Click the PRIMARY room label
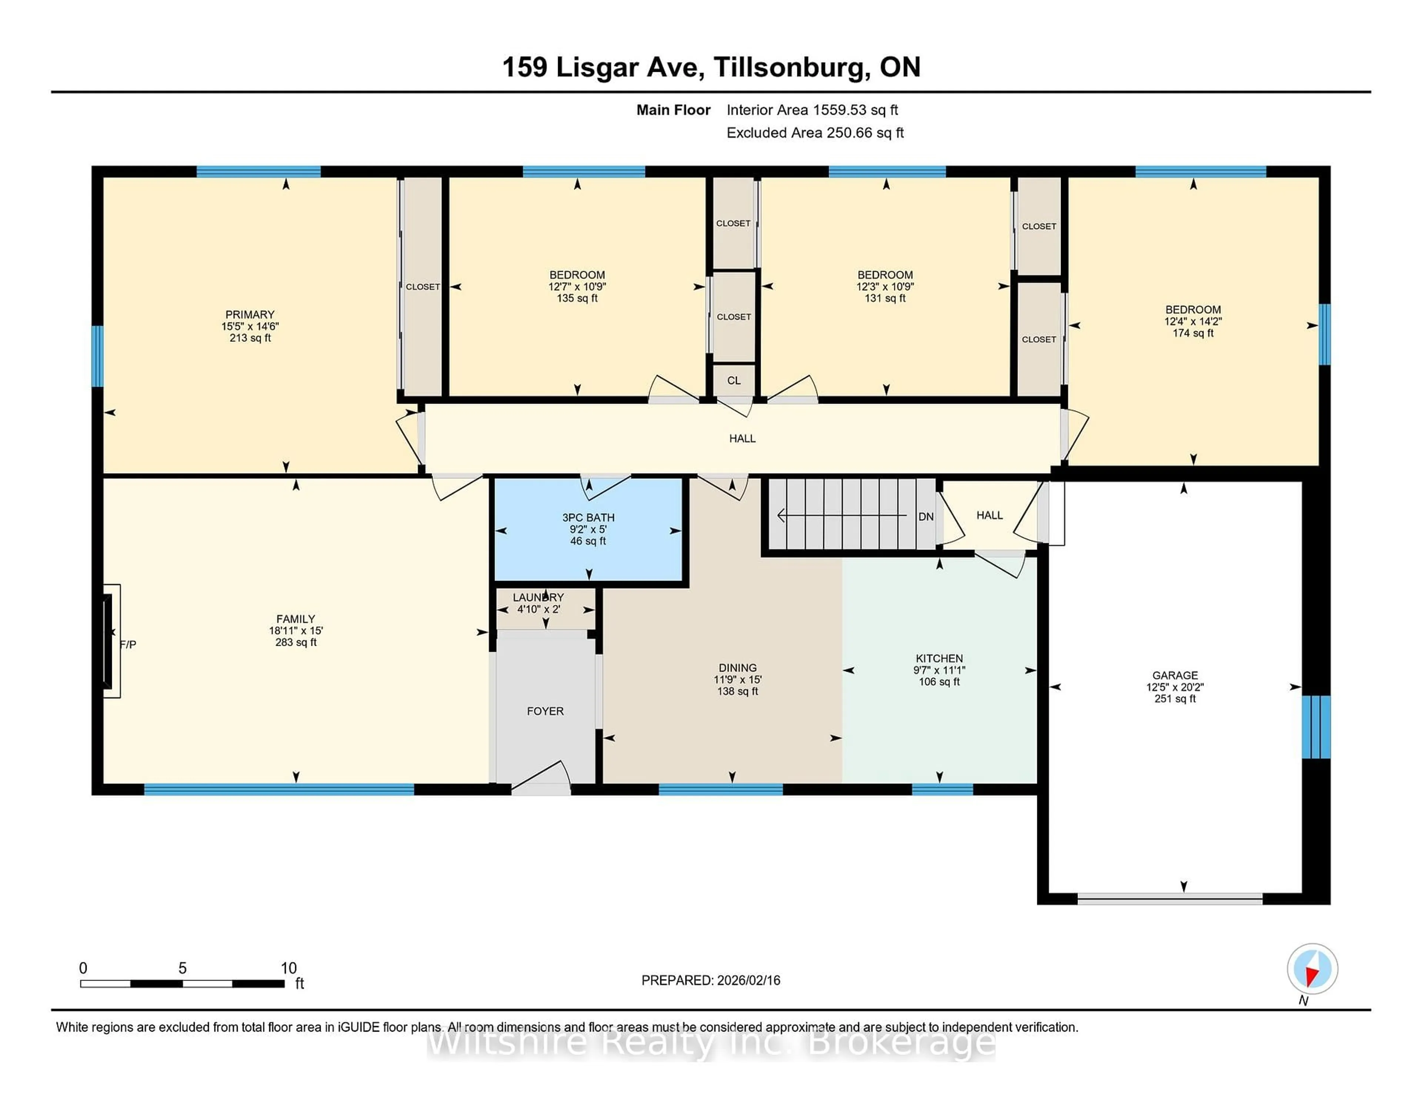pos(250,314)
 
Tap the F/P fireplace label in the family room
pos(128,645)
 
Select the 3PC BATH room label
pos(588,518)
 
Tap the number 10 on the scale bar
pos(288,968)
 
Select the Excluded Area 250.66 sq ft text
pos(815,133)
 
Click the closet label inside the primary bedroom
pos(423,287)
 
